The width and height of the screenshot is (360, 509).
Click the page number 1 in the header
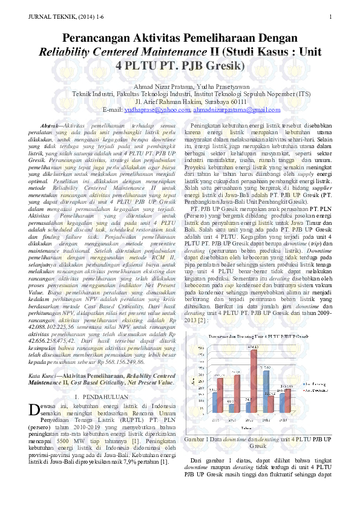click(331, 16)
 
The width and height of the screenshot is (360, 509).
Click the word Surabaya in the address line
click(209, 102)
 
